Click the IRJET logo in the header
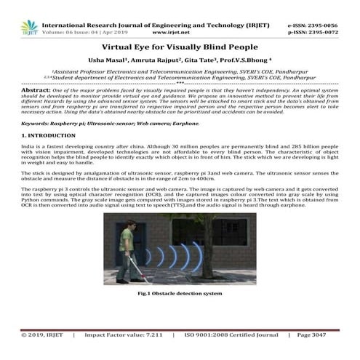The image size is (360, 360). click(x=30, y=28)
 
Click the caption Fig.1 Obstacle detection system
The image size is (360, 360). click(x=180, y=293)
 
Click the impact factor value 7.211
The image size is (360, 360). click(x=148, y=336)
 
